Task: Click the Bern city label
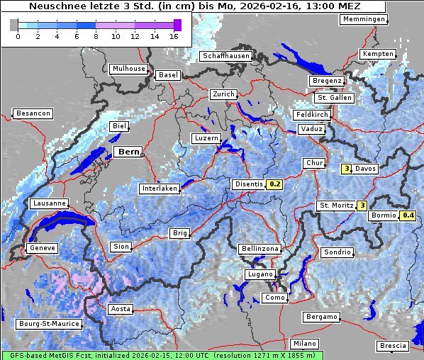128,152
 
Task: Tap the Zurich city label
223,94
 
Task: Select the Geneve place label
41,248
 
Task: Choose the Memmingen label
364,19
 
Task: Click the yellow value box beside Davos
347,169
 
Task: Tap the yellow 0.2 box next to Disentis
274,184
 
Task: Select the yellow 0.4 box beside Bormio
408,215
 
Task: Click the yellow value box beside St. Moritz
362,206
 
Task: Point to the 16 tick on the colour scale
174,35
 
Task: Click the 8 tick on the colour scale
96,35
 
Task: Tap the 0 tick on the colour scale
18,35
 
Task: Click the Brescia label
393,345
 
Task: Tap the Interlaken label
160,189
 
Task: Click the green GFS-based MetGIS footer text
162,355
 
